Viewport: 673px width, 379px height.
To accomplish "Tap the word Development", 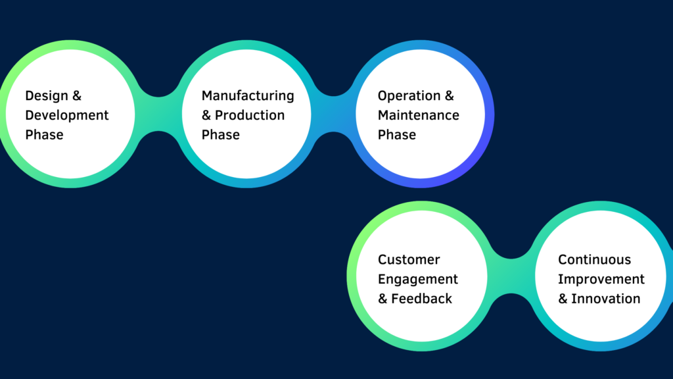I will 67,116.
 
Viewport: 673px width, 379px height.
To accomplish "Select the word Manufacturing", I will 248,96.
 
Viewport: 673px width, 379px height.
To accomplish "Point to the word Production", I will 250,115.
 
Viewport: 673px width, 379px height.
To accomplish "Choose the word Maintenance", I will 419,115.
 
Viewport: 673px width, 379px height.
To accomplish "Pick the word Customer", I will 409,260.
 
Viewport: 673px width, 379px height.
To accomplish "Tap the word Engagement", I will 418,280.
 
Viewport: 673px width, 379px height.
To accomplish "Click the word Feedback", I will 421,299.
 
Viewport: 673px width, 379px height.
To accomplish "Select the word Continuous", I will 594,260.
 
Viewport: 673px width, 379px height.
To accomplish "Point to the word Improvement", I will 601,279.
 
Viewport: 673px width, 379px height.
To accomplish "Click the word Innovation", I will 605,299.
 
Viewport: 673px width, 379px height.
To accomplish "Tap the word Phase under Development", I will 44,135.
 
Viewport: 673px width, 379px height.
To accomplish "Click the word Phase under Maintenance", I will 397,135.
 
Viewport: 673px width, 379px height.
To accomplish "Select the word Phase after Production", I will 221,135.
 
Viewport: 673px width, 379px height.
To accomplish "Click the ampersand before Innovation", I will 563,299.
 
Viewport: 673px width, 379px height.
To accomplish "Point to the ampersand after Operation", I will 449,96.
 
